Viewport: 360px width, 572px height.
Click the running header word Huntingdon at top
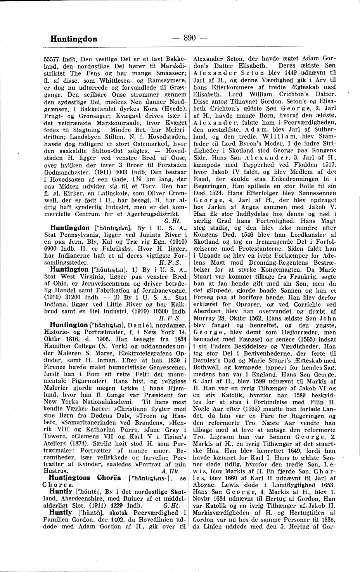click(x=74, y=39)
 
